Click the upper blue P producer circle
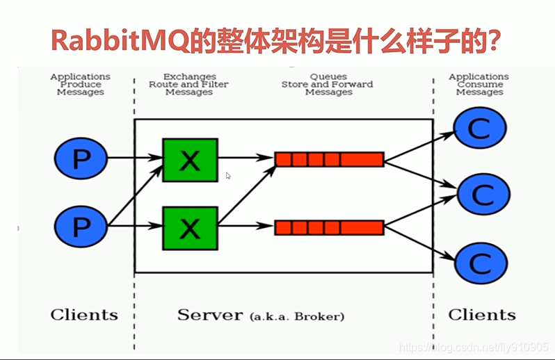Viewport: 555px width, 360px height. [81, 158]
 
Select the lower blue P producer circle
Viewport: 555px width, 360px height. [81, 227]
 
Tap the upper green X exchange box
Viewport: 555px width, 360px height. [190, 161]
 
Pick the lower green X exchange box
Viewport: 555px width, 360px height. [190, 229]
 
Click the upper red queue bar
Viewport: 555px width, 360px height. [329, 159]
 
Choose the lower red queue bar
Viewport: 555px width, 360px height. [329, 227]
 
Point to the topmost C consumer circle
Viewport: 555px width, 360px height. [480, 128]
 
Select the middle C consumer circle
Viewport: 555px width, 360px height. [483, 194]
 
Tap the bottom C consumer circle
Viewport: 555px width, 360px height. [481, 263]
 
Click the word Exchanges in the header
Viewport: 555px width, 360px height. [190, 76]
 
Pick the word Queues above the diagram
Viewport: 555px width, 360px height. [328, 76]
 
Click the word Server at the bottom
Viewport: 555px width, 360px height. [210, 315]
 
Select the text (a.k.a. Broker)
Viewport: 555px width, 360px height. [297, 316]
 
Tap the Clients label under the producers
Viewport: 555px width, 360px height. [84, 315]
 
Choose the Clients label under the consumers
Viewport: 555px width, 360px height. [482, 315]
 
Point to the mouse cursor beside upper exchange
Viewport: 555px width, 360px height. [228, 176]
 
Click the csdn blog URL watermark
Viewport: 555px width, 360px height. [474, 347]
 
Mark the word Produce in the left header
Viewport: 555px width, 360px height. [81, 85]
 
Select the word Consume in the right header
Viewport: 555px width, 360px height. [480, 85]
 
